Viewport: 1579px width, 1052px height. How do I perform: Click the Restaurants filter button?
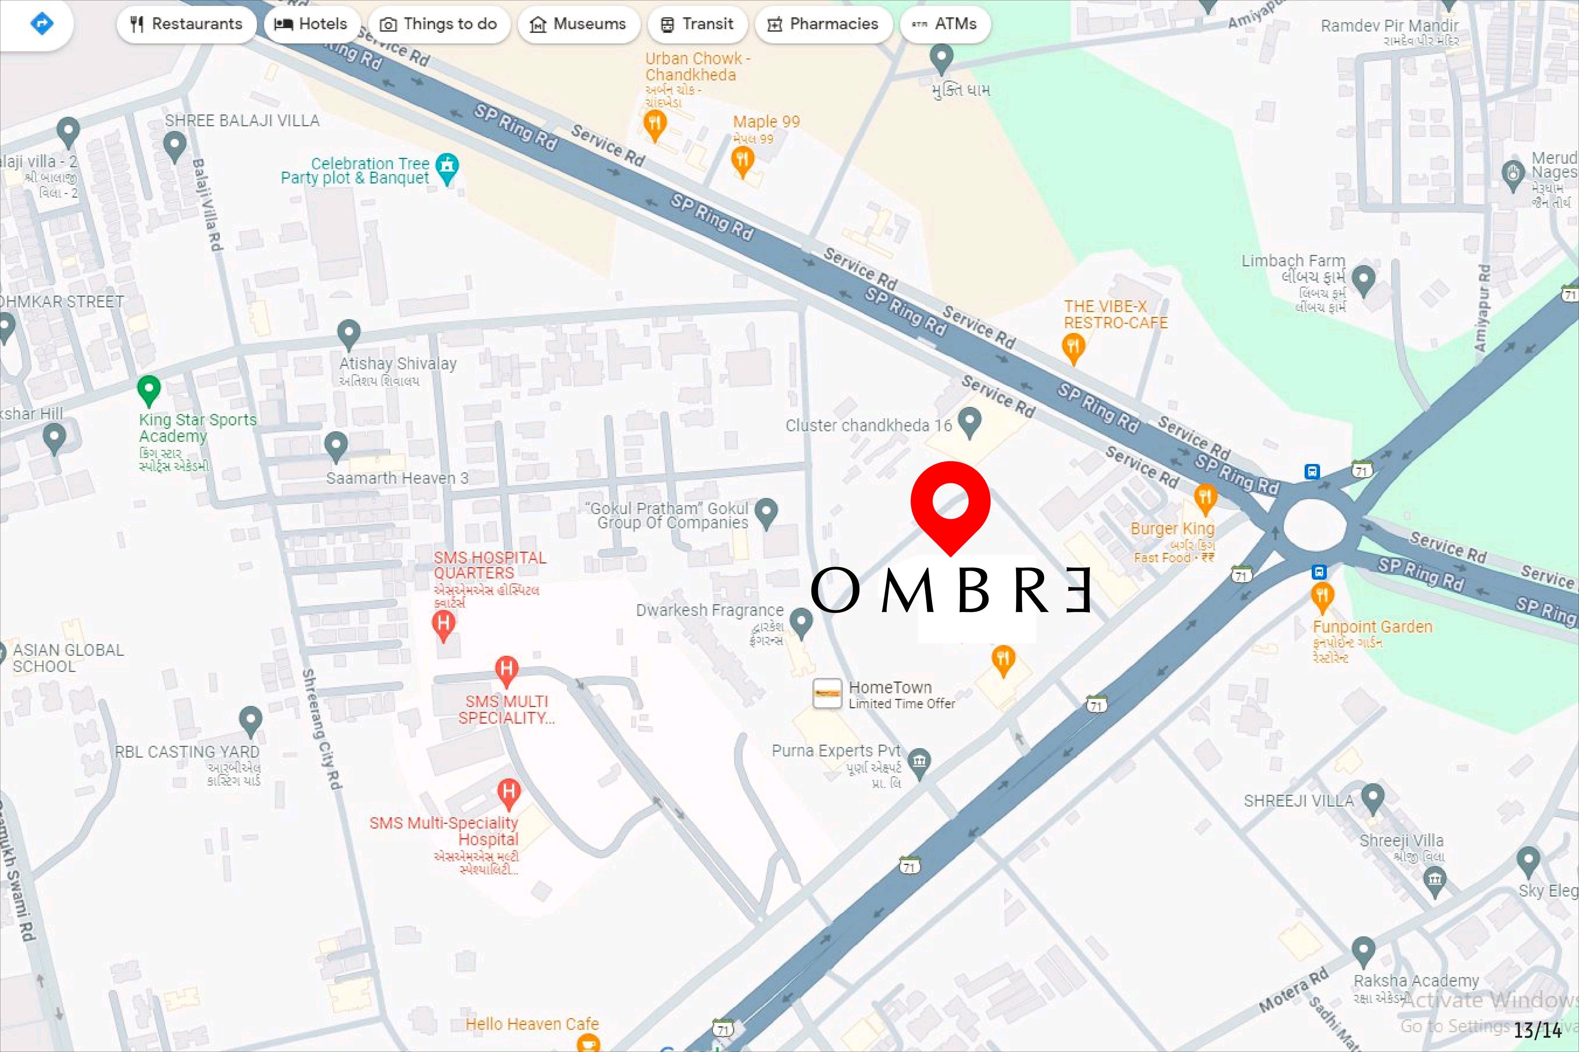point(186,24)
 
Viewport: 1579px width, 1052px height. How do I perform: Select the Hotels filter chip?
point(311,24)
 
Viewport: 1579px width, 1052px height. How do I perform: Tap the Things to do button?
point(439,24)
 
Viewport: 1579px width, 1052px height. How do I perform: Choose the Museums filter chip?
point(578,24)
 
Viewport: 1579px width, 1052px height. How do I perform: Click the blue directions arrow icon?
point(41,24)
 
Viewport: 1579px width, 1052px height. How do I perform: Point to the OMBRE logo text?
point(950,590)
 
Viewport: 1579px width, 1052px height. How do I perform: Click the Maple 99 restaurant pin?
point(742,160)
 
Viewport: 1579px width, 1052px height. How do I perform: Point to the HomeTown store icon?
point(827,693)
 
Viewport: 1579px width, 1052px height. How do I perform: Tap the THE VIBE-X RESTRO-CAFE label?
point(1115,314)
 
